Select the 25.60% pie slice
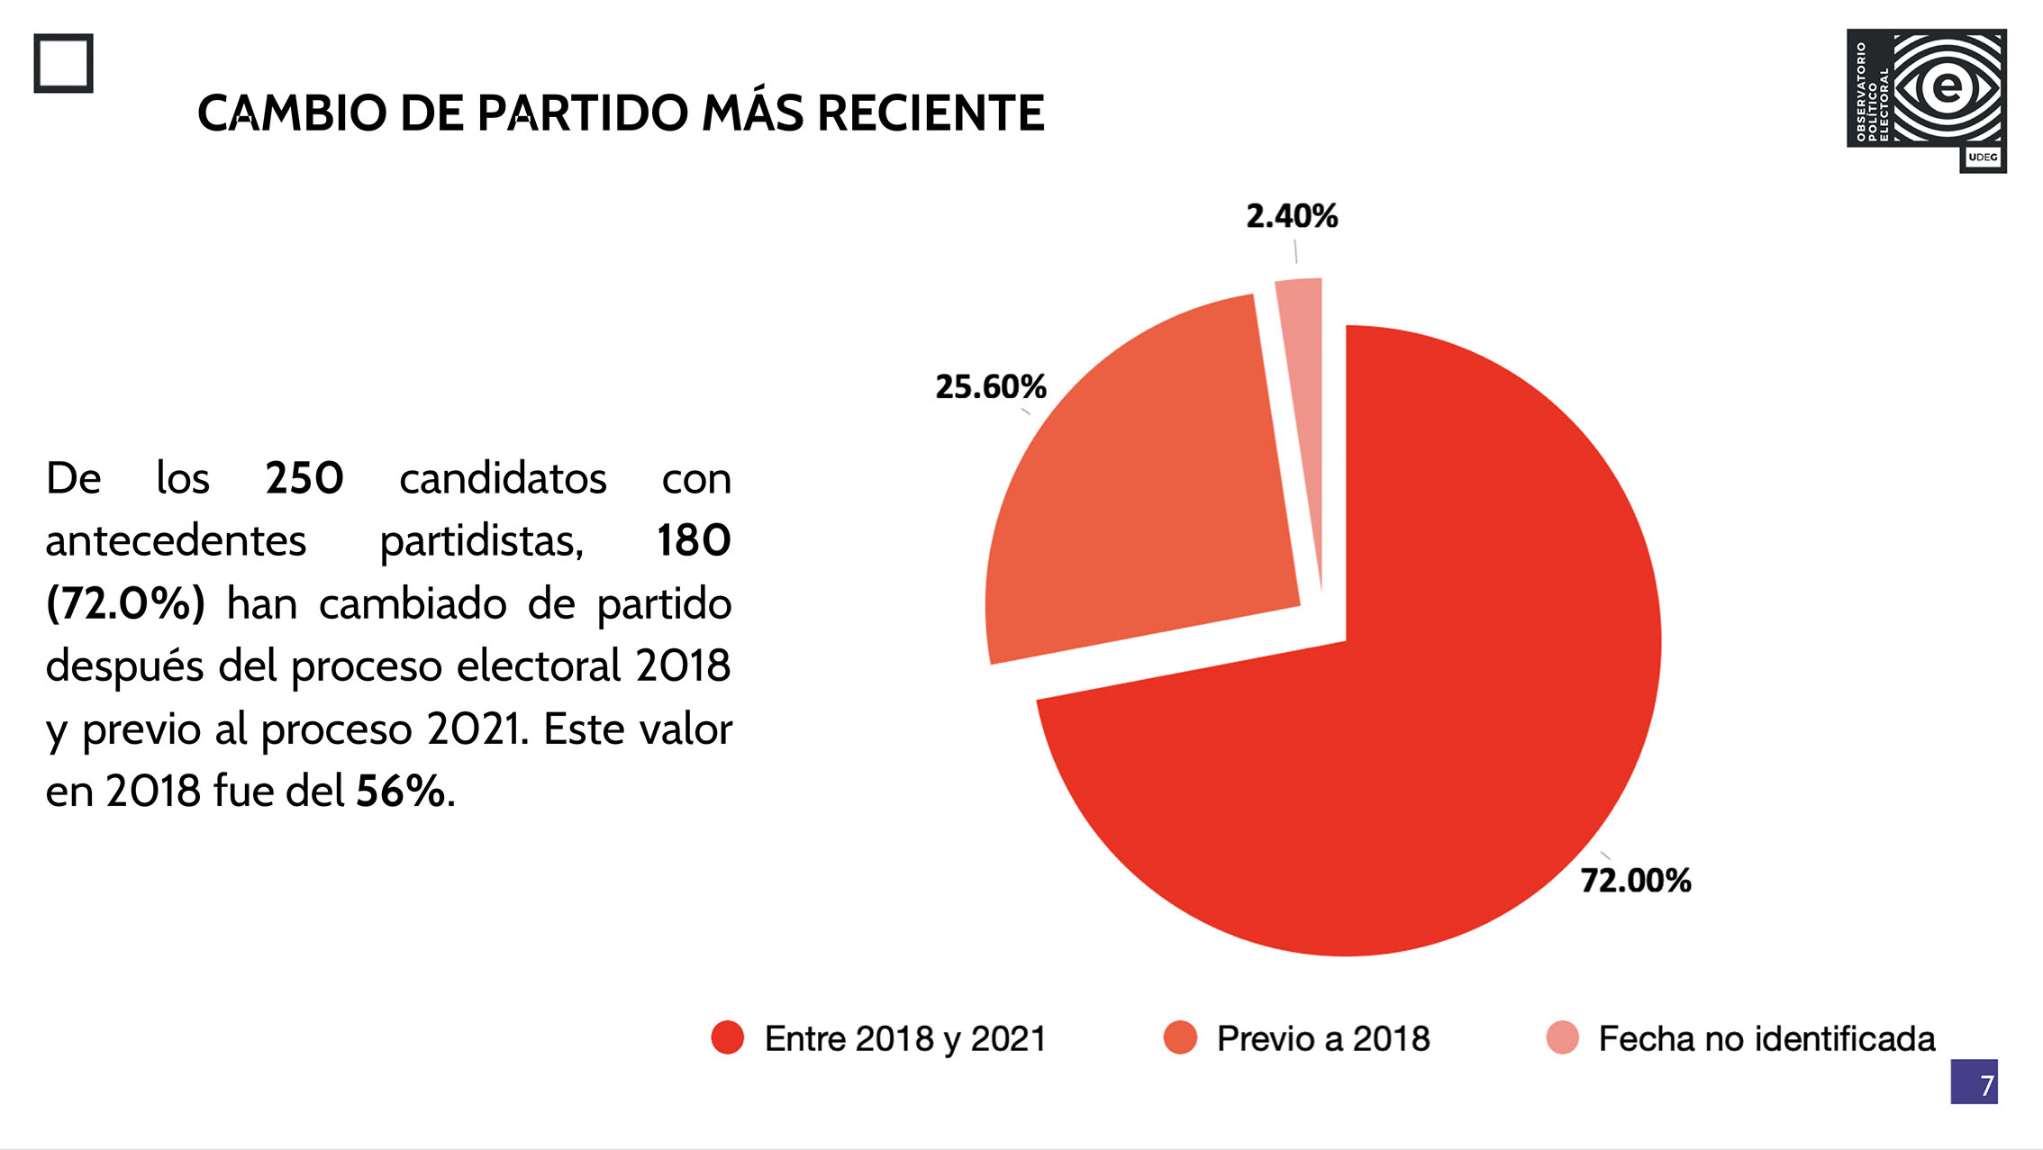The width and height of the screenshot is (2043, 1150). point(1144,504)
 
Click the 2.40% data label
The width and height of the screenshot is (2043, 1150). point(1292,216)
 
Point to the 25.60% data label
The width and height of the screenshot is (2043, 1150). point(991,387)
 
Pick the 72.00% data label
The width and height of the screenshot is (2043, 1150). point(1636,881)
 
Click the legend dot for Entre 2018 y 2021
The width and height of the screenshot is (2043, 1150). point(728,1037)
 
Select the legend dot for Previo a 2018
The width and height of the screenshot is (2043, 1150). point(1180,1037)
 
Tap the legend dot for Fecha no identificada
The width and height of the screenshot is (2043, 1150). point(1562,1037)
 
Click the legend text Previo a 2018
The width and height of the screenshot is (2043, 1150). point(1322,1039)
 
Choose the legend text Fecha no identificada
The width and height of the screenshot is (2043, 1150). point(1766,1039)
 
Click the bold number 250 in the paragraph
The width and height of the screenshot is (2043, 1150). point(304,478)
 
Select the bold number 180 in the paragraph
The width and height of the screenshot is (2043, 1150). point(694,540)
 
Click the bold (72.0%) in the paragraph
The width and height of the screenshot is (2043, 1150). point(125,603)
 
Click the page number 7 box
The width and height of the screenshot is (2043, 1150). point(1974,1082)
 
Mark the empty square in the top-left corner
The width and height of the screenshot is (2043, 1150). point(64,63)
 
